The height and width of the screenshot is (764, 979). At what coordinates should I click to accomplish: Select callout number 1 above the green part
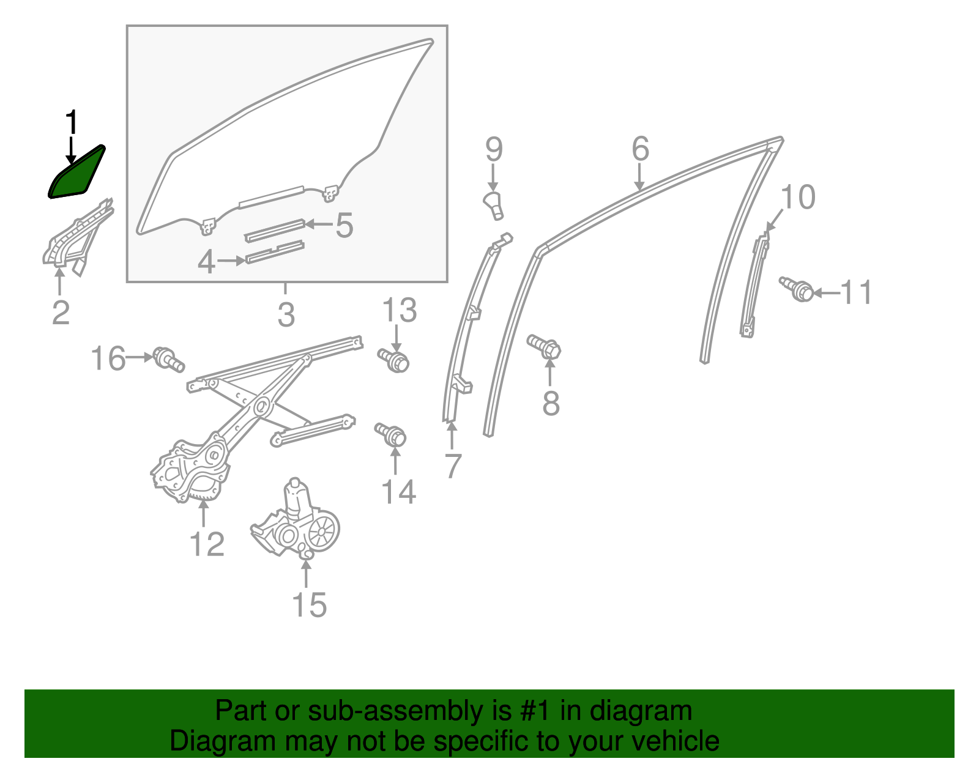[x=72, y=122]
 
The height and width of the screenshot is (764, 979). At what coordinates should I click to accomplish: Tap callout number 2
[x=61, y=313]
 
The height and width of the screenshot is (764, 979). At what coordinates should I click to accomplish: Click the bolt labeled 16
[x=168, y=359]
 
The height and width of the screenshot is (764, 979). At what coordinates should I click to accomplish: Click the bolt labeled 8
[x=545, y=347]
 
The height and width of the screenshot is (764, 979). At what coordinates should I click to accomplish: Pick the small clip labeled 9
[x=494, y=204]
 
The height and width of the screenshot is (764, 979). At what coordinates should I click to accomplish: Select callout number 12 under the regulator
[x=207, y=544]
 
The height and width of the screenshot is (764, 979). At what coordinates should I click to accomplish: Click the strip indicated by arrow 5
[x=275, y=229]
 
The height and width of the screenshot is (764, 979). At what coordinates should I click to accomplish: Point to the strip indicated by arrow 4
[x=275, y=252]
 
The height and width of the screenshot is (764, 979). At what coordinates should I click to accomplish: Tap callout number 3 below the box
[x=286, y=315]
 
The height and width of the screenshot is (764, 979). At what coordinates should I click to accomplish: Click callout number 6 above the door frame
[x=640, y=149]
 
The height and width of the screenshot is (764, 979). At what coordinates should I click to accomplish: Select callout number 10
[x=798, y=198]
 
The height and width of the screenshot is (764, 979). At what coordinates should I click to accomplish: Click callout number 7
[x=452, y=466]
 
